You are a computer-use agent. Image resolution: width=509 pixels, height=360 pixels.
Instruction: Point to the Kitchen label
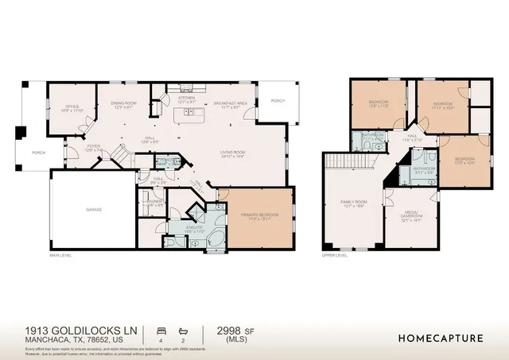pos(186,99)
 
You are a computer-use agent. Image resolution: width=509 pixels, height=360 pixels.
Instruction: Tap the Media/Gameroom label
pos(410,215)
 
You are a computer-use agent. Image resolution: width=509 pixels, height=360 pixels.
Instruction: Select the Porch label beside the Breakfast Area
pos(278,101)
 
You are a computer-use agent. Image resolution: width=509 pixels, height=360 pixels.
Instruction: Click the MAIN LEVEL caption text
pos(61,255)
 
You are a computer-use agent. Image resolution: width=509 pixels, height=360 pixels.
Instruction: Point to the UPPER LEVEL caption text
pos(333,255)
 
